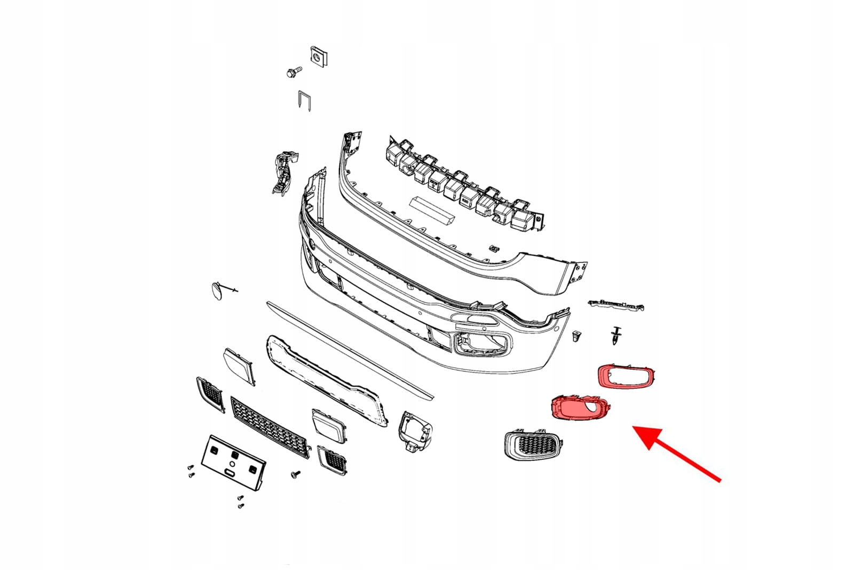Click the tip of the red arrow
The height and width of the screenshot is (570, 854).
[x=635, y=428]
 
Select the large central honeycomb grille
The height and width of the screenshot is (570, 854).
[x=269, y=427]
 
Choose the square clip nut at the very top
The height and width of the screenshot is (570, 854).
[x=318, y=56]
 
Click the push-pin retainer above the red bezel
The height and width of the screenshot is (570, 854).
[x=617, y=334]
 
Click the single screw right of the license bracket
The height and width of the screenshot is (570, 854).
[x=295, y=474]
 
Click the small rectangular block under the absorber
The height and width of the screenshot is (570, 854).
[x=431, y=208]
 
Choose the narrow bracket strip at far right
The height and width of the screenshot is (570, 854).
[x=617, y=304]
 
